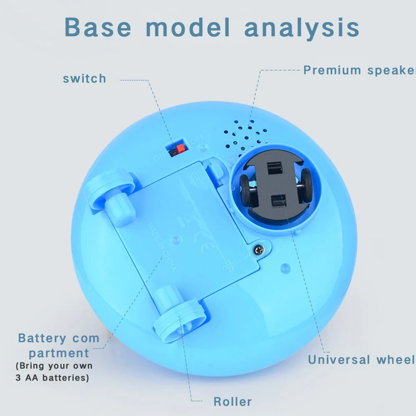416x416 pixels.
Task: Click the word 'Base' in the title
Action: pyautogui.click(x=98, y=27)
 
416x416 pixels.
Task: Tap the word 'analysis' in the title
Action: pyautogui.click(x=302, y=27)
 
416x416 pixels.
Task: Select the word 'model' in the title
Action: pyautogui.click(x=188, y=27)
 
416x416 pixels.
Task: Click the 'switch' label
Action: pyautogui.click(x=84, y=79)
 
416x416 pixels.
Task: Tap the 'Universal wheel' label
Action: pyautogui.click(x=362, y=359)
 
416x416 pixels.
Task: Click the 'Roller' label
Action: pyautogui.click(x=233, y=401)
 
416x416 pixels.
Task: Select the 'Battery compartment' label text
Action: pyautogui.click(x=59, y=346)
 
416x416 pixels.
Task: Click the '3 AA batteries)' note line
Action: pyautogui.click(x=52, y=378)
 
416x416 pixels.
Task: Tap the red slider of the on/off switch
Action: pyautogui.click(x=179, y=149)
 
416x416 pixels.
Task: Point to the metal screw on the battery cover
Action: pyautogui.click(x=259, y=250)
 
